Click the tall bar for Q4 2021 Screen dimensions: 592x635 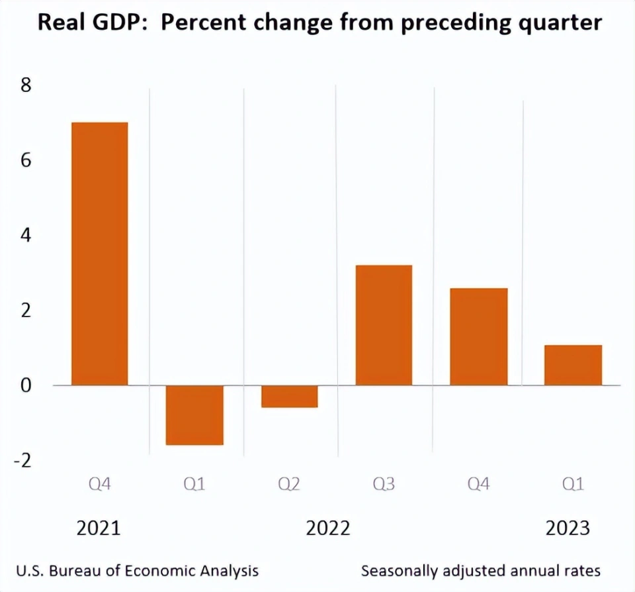click(100, 254)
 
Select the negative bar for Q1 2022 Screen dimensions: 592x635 click(194, 415)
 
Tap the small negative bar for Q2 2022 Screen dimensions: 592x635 click(289, 396)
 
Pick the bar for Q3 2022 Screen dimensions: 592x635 click(384, 325)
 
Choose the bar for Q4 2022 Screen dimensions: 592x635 click(478, 336)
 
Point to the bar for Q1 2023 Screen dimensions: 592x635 click(573, 365)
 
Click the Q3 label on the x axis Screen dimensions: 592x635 click(384, 485)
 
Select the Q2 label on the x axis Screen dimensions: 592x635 click(289, 485)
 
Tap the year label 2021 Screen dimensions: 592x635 click(99, 528)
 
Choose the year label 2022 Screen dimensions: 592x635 click(328, 528)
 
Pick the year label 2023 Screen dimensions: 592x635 click(567, 528)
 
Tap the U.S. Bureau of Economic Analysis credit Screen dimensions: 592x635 click(138, 571)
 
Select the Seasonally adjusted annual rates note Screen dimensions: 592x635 click(481, 571)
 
